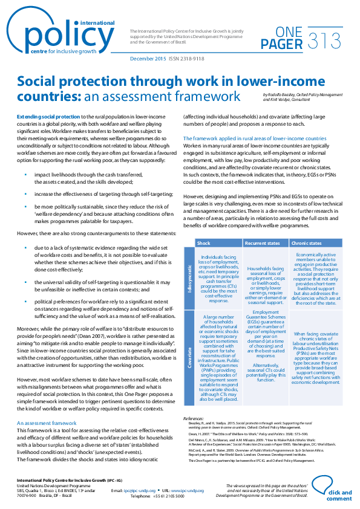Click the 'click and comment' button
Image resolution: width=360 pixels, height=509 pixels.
pos(338,495)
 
